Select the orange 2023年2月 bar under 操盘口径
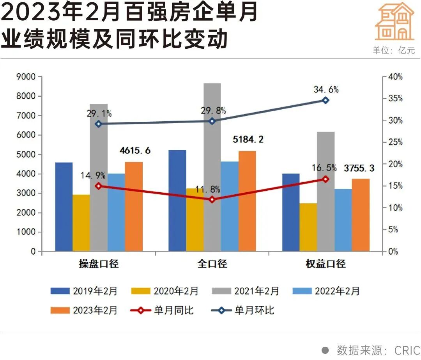[134, 207]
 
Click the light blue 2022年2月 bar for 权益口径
[343, 220]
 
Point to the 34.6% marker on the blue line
[325, 100]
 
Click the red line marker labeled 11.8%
[212, 200]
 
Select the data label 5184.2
[247, 139]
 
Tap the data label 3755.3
[359, 168]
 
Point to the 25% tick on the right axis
[394, 142]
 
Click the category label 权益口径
[325, 264]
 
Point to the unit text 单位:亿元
[394, 50]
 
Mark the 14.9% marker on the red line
[99, 186]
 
